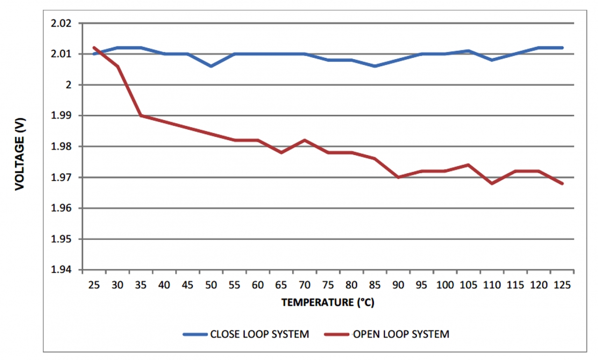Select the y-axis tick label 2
(69, 85)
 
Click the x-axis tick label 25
(94, 284)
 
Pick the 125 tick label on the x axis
(562, 284)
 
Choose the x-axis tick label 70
(305, 284)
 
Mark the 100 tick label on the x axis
(445, 284)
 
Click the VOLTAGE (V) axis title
(19, 154)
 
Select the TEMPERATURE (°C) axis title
(327, 303)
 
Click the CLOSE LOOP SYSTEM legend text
(259, 334)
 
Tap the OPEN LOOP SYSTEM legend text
(401, 334)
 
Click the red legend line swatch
(337, 334)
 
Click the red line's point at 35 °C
(141, 115)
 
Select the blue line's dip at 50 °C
(211, 66)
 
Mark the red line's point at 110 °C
(492, 184)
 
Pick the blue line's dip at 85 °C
(375, 66)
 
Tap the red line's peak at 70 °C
(305, 140)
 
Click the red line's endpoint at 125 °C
(562, 184)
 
